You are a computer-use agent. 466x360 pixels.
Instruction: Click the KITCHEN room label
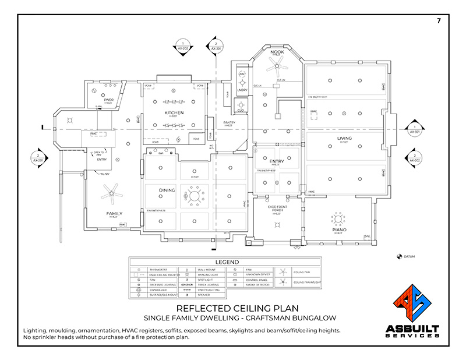174,112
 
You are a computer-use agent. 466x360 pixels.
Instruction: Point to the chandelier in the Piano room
337,220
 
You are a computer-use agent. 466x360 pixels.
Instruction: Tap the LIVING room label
344,138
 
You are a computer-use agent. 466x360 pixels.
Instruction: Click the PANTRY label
229,122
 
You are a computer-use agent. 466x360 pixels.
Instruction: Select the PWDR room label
108,100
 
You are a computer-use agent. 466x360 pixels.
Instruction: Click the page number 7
437,21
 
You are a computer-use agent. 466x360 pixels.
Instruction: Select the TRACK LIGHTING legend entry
209,285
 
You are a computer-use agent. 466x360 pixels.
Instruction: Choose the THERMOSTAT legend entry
158,270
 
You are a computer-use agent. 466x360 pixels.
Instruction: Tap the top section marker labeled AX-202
182,47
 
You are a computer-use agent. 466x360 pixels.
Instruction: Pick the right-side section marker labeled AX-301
413,129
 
